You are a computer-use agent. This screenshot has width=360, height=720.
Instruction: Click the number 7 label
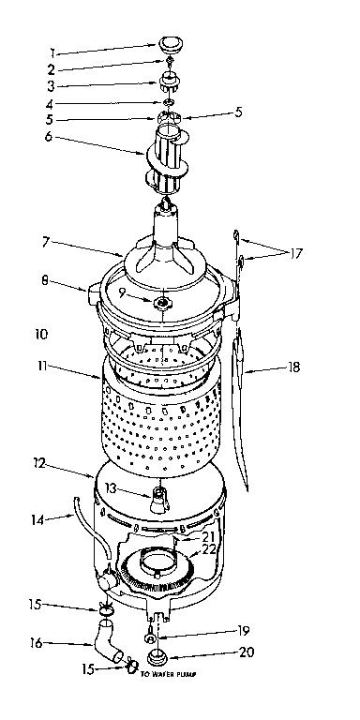pos(44,242)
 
